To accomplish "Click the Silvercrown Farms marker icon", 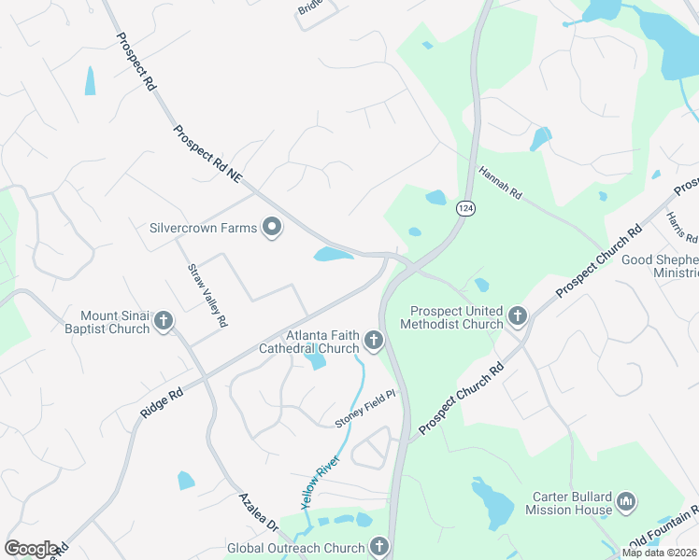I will click(x=272, y=228).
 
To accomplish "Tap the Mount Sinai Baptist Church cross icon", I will click(x=164, y=322).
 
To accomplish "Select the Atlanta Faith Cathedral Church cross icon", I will click(x=374, y=342).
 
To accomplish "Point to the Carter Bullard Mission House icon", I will click(x=626, y=502).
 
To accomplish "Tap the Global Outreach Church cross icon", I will click(x=378, y=546).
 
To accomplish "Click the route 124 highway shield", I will click(x=464, y=209).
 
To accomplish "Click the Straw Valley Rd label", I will click(x=207, y=295).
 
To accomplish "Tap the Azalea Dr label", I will click(x=258, y=513).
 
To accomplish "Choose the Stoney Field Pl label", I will click(x=365, y=410).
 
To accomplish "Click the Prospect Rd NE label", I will click(x=207, y=154).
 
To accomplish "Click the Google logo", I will click(x=30, y=549).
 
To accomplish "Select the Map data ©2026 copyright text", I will click(x=660, y=553).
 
